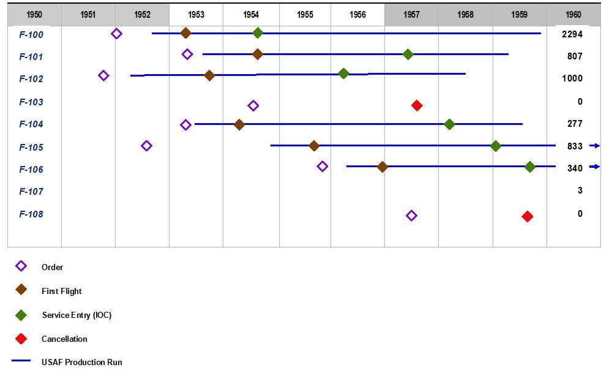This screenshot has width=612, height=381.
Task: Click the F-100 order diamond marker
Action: (x=116, y=34)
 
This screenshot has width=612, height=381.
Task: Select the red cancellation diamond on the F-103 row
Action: (x=417, y=105)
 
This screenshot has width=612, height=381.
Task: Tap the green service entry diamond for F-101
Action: (x=408, y=55)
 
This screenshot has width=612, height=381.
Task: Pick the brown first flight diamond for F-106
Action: (x=382, y=167)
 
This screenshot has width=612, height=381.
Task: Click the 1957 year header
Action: (x=411, y=14)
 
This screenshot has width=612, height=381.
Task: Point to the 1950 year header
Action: (x=34, y=14)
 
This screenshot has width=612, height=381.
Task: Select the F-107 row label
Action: (x=31, y=192)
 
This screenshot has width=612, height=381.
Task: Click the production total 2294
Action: (x=572, y=34)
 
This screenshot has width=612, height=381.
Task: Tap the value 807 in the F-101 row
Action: (x=575, y=56)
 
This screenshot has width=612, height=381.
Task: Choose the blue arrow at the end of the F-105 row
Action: (x=595, y=146)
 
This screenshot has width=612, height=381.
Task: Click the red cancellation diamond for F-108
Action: (x=528, y=216)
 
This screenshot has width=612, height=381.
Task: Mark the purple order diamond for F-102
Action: (x=103, y=76)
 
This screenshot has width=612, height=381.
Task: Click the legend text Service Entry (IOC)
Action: (x=76, y=315)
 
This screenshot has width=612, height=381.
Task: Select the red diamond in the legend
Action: (x=21, y=339)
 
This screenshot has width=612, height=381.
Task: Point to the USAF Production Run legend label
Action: (x=82, y=362)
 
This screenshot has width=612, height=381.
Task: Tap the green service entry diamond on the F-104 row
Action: (x=449, y=124)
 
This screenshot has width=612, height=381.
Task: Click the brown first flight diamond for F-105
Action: (x=314, y=146)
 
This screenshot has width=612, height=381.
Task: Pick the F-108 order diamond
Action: (x=411, y=216)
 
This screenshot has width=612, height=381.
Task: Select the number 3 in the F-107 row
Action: (x=580, y=190)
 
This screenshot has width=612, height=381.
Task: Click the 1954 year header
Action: (x=250, y=14)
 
